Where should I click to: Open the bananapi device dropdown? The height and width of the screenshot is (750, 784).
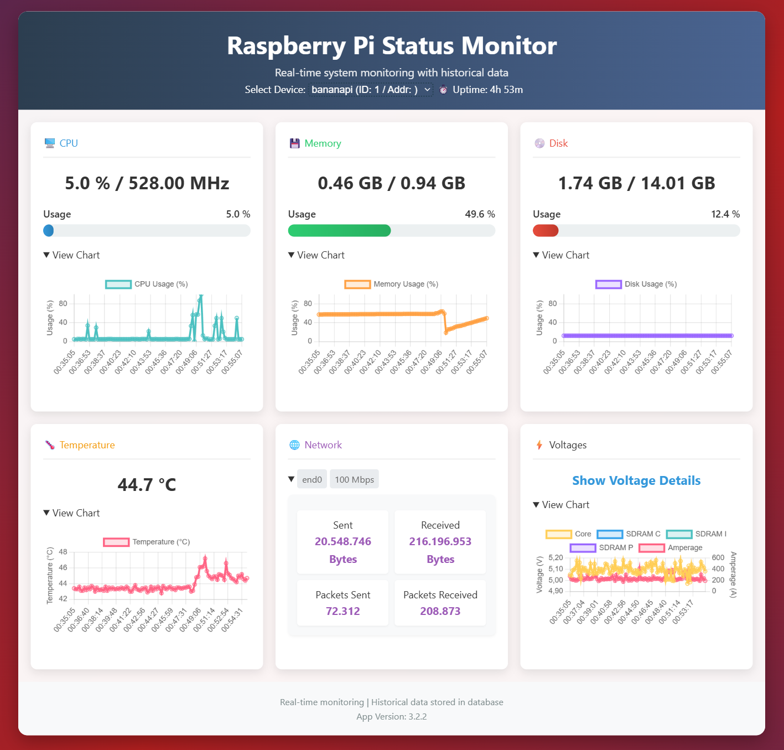371,90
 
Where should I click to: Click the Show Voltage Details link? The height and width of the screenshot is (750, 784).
636,480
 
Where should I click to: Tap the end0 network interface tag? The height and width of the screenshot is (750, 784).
311,479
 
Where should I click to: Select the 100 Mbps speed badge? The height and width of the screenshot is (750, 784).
354,479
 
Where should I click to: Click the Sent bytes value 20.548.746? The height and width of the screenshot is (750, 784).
343,541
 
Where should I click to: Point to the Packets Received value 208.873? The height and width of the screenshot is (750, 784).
440,611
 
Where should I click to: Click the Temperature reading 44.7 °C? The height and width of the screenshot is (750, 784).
147,485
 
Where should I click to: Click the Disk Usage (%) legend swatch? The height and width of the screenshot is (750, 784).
609,284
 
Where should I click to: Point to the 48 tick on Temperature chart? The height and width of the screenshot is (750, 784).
63,552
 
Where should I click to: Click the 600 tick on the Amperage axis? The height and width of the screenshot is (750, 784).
718,557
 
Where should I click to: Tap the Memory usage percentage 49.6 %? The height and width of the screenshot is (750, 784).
480,214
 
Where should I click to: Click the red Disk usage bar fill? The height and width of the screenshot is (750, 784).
546,231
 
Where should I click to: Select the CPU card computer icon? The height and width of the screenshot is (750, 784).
50,143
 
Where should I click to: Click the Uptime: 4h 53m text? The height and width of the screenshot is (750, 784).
487,90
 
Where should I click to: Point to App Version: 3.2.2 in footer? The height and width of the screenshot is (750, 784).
392,716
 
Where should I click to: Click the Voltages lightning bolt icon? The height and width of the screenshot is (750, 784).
539,445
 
